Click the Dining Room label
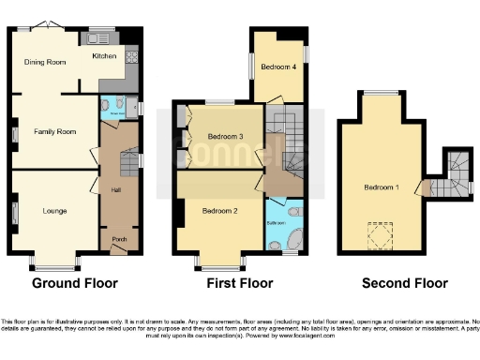[44, 62]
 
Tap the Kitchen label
[103, 56]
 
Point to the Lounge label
[54, 211]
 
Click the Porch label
[119, 239]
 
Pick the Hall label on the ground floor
[116, 190]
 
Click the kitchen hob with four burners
[131, 57]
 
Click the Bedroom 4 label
[278, 67]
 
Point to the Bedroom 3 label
[225, 137]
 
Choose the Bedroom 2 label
[217, 212]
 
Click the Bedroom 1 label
[381, 187]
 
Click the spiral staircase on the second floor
[457, 176]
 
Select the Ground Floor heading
[73, 282]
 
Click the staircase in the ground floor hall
[128, 163]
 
